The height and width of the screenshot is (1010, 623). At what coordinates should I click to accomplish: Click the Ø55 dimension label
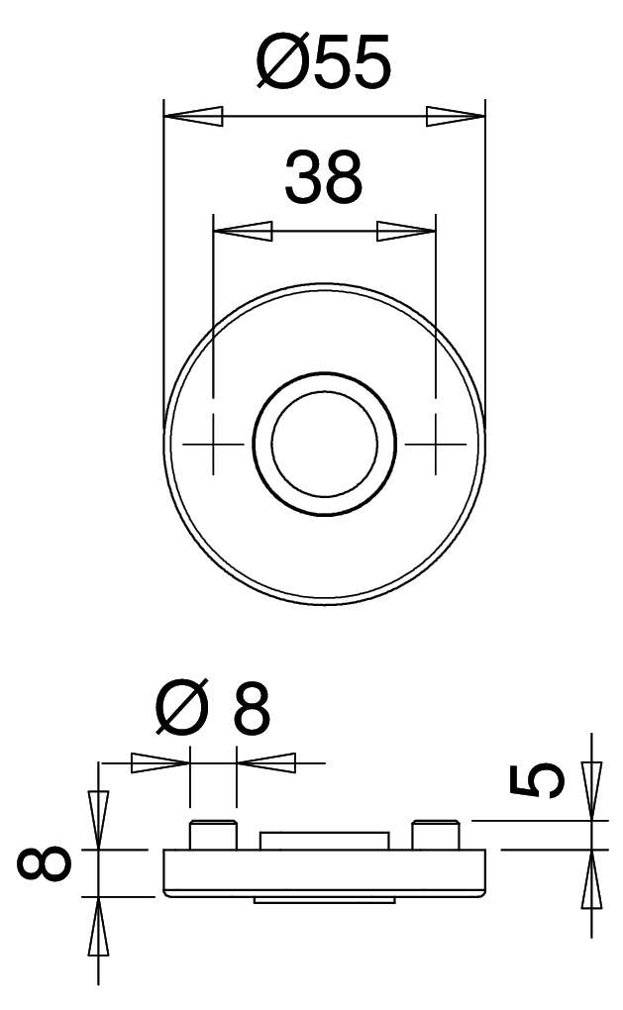(324, 60)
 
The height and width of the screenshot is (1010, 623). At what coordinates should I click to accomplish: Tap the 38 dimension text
(324, 177)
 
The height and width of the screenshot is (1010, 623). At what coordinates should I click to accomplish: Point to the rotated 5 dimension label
(537, 779)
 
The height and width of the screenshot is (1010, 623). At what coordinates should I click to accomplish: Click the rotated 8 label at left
(44, 863)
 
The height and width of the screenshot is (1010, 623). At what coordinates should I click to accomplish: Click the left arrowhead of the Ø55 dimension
(193, 117)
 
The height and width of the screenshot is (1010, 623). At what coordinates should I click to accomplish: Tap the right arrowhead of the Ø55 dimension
(455, 117)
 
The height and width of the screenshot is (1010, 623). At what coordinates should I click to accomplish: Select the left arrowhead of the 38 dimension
(243, 231)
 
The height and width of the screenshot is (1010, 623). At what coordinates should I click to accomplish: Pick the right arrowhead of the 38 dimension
(406, 231)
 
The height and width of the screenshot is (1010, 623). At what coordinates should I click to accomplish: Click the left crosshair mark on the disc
(213, 444)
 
